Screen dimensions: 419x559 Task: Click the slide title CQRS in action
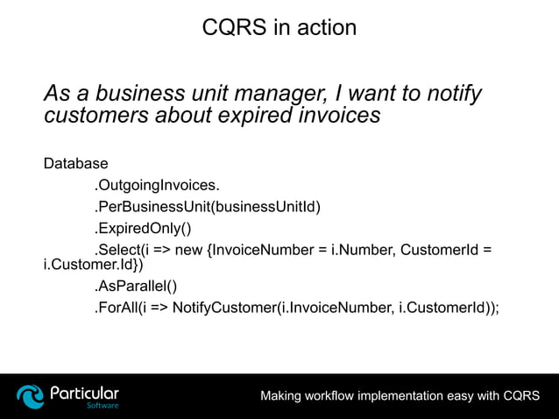coord(279,27)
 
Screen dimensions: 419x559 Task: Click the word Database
coord(76,163)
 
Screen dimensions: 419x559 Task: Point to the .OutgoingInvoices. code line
coord(157,185)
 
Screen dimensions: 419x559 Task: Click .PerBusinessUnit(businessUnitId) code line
coord(208,207)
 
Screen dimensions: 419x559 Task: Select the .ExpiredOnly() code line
coord(142,229)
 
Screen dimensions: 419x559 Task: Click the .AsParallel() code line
coord(136,285)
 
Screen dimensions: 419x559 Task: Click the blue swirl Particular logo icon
coord(31,396)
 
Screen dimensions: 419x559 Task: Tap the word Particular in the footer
coord(84,392)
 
